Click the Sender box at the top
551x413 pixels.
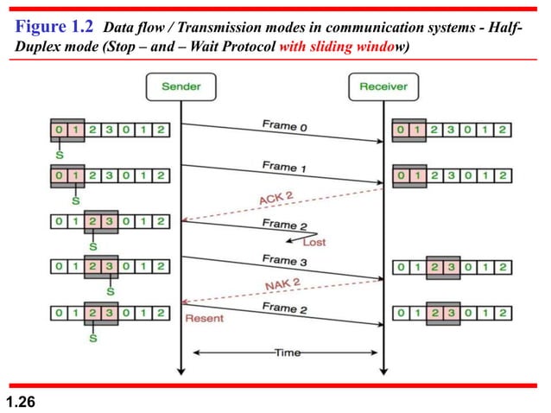[x=180, y=87]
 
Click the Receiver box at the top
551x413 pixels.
[x=384, y=87]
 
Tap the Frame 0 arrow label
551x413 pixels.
[x=285, y=126]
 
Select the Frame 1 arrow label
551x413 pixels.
[x=285, y=165]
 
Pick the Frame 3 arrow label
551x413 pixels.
[x=285, y=260]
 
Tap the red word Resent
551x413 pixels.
[x=205, y=318]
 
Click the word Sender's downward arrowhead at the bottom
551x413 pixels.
[x=180, y=372]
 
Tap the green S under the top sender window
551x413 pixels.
[x=59, y=156]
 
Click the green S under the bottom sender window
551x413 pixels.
[x=93, y=338]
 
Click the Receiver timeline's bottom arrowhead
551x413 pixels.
[x=384, y=372]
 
